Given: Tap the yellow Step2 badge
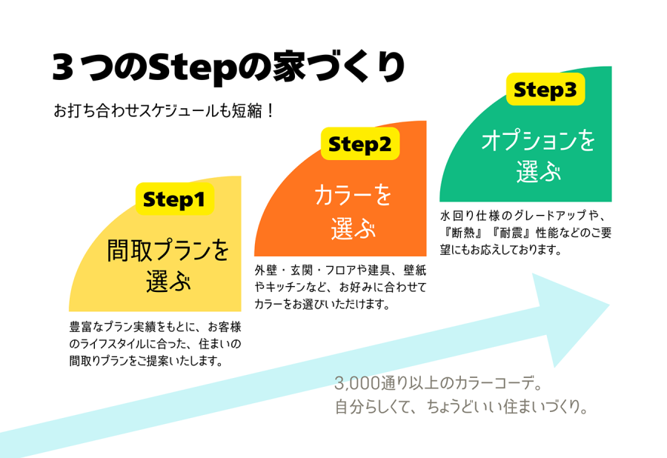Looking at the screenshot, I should click(x=359, y=143).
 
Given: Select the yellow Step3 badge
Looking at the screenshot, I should click(x=545, y=90).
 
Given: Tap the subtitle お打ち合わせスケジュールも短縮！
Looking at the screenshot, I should click(x=165, y=112).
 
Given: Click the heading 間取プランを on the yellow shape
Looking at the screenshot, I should click(x=169, y=250).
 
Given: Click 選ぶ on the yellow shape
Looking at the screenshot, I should click(x=169, y=282).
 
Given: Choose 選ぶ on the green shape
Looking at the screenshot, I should click(x=539, y=173).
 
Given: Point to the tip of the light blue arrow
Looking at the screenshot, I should click(x=607, y=305).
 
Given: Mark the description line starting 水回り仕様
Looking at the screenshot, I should click(x=524, y=216).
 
